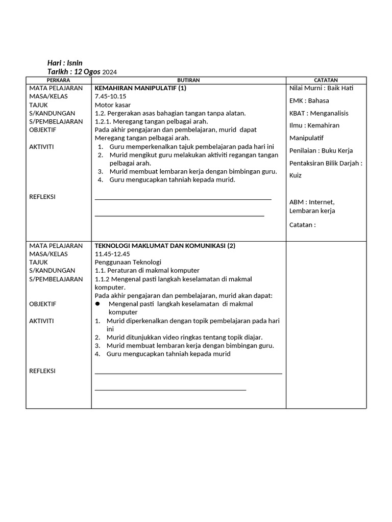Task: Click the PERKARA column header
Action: click(x=58, y=80)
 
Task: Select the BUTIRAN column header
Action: click(x=188, y=80)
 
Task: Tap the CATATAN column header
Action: click(x=326, y=80)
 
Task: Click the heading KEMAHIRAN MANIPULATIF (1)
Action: click(x=140, y=88)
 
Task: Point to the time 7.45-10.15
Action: click(x=110, y=96)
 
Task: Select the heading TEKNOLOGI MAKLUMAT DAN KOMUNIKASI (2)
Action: click(x=165, y=246)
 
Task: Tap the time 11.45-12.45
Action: click(x=112, y=254)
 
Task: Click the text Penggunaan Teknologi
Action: click(x=128, y=262)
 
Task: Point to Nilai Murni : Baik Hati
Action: click(x=321, y=88)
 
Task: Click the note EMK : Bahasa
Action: click(x=309, y=100)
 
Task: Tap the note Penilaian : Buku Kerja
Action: click(x=321, y=150)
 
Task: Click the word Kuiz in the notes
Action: click(x=296, y=175)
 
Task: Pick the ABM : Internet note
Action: click(x=311, y=202)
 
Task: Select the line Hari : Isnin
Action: click(x=65, y=63)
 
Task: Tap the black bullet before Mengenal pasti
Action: click(x=98, y=304)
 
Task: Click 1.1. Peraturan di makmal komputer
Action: click(x=147, y=270)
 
